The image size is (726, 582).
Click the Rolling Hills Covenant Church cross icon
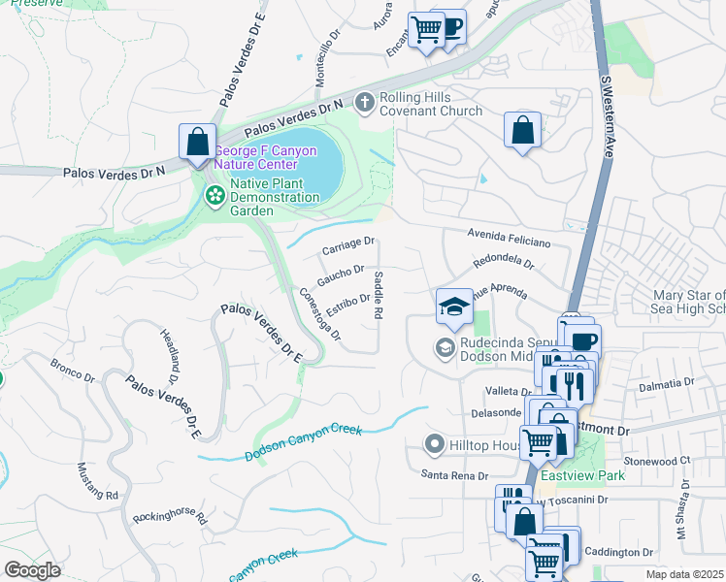point(365,102)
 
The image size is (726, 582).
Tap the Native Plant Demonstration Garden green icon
point(214,197)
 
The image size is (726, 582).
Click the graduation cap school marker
point(454,307)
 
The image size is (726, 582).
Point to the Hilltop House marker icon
point(435,445)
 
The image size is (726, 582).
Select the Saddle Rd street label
point(379,295)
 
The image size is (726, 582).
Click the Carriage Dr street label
point(347,246)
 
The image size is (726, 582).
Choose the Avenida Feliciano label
point(509,238)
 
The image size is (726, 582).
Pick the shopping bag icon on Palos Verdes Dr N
point(197,142)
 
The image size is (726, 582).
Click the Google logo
point(32,569)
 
